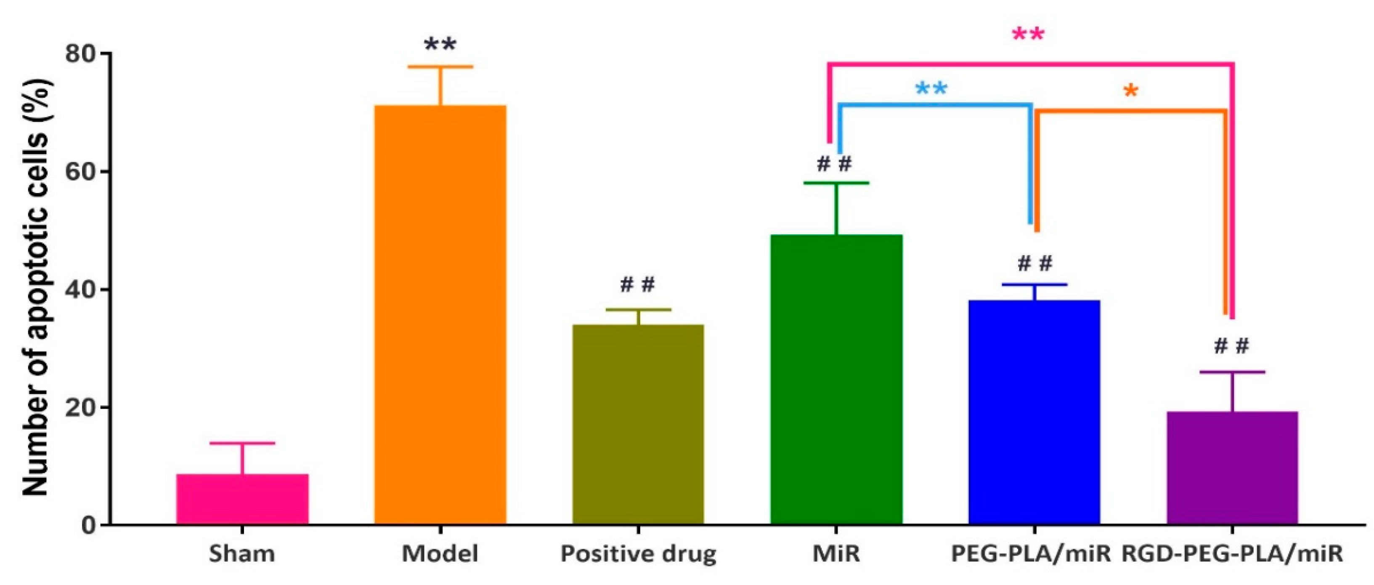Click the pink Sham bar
(x=242, y=499)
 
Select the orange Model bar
(x=440, y=315)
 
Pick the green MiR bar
(x=836, y=379)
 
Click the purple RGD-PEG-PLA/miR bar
(x=1232, y=468)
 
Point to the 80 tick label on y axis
(x=80, y=54)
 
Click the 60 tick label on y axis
(x=80, y=172)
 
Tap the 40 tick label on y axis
(x=80, y=290)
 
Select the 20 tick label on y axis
(x=80, y=407)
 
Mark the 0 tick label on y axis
(x=88, y=525)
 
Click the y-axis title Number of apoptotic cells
(x=36, y=288)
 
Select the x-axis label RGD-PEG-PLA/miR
(x=1232, y=554)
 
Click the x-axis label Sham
(x=242, y=554)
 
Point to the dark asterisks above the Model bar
(x=440, y=45)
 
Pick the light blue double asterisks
(x=931, y=89)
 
